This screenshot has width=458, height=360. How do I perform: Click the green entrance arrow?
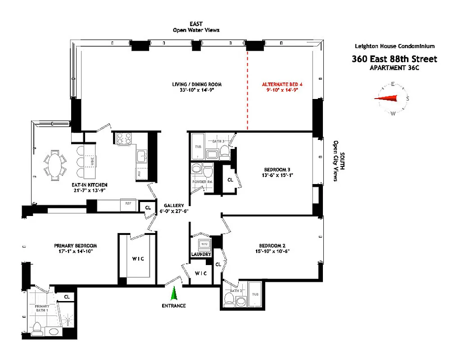(x=173, y=294)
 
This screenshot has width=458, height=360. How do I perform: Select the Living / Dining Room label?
(x=196, y=84)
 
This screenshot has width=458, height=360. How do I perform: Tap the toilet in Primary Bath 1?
(x=36, y=327)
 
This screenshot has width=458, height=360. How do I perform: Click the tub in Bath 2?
(x=255, y=295)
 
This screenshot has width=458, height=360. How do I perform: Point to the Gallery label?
(x=173, y=206)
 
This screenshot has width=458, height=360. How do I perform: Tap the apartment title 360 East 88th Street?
(x=394, y=59)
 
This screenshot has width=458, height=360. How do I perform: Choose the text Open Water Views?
(x=196, y=30)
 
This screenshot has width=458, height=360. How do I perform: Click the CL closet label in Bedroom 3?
(x=230, y=179)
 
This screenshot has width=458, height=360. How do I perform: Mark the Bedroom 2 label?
(x=272, y=246)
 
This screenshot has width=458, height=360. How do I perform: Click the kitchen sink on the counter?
(x=141, y=156)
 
